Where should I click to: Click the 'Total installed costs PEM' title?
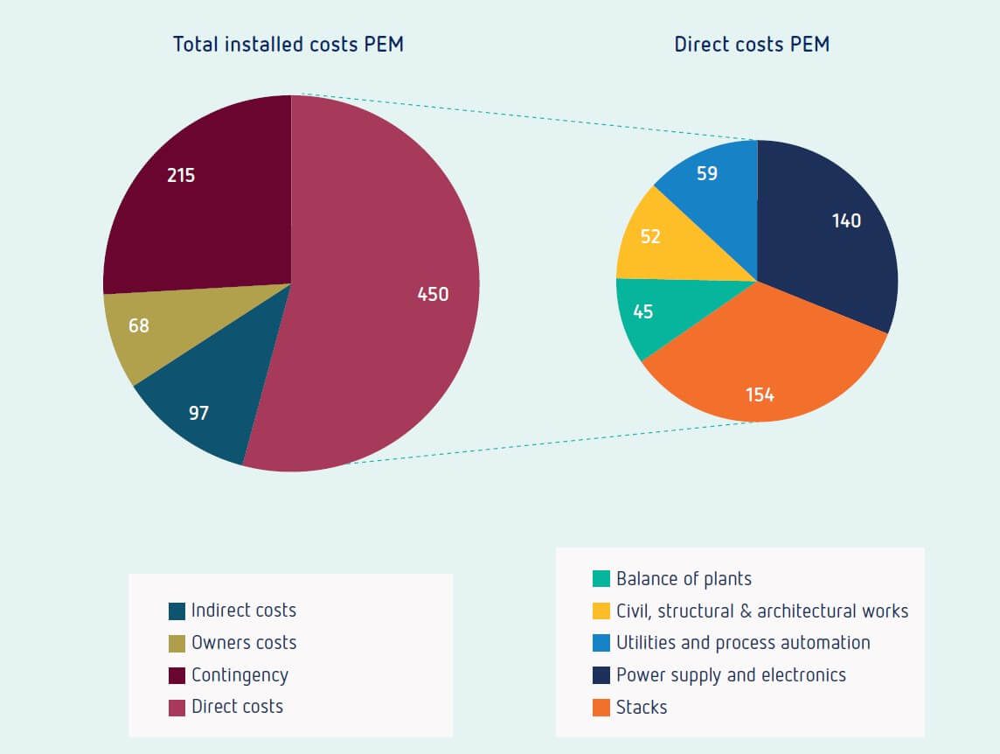[x=288, y=45]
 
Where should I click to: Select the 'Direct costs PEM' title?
[x=752, y=45]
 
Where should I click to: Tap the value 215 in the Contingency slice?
[x=181, y=176]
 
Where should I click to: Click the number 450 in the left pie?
[x=433, y=295]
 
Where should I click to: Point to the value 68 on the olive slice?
[x=138, y=326]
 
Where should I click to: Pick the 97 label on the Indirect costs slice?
[x=198, y=413]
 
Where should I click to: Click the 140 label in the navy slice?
[x=846, y=221]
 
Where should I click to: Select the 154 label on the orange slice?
[x=760, y=395]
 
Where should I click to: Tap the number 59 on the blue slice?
[x=707, y=174]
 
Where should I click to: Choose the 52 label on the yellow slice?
[x=650, y=237]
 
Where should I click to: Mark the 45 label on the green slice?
[x=642, y=312]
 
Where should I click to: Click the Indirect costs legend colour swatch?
[x=177, y=611]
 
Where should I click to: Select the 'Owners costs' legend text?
[x=244, y=643]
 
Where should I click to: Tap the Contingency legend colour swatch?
[x=177, y=675]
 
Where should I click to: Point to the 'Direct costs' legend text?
[x=237, y=707]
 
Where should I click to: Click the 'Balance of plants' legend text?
[x=684, y=579]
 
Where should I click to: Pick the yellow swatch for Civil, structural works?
[x=601, y=611]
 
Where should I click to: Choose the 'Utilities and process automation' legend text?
[x=743, y=643]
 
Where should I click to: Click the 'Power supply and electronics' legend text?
[x=731, y=675]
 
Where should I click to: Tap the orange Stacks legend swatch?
[x=601, y=707]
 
